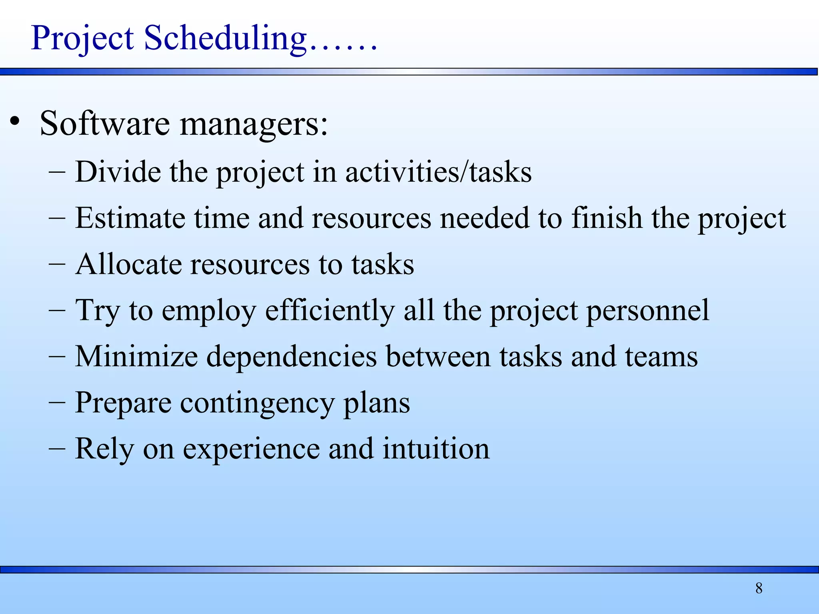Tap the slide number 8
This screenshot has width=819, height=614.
pyautogui.click(x=759, y=588)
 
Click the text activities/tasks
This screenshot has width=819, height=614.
pyautogui.click(x=438, y=172)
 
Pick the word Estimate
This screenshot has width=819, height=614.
pyautogui.click(x=130, y=218)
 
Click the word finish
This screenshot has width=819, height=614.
pyautogui.click(x=606, y=218)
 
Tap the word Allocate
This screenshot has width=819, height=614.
pyautogui.click(x=128, y=264)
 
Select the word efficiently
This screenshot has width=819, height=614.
pyautogui.click(x=330, y=311)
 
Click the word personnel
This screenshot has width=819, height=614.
pyautogui.click(x=647, y=311)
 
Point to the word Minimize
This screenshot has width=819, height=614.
pyautogui.click(x=136, y=357)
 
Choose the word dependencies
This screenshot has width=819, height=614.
pyautogui.click(x=292, y=357)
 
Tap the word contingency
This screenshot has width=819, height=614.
pyautogui.click(x=257, y=403)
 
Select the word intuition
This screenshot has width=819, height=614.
pyautogui.click(x=436, y=449)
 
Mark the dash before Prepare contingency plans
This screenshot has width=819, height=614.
pyautogui.click(x=57, y=403)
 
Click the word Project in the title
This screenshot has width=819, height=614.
pyautogui.click(x=82, y=39)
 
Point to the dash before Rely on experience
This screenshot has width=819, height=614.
pyautogui.click(x=57, y=449)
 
